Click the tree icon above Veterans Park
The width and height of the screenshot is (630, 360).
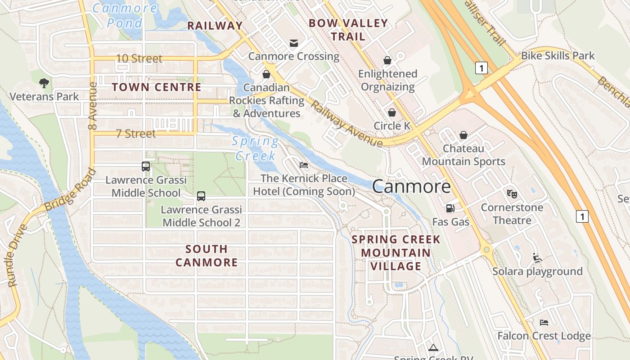point(44,83)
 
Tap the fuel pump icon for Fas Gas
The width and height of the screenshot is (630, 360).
point(450,208)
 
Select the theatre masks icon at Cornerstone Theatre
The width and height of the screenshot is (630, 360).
point(512,194)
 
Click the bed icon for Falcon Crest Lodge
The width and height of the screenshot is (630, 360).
point(544,322)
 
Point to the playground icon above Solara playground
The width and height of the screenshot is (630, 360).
point(537,258)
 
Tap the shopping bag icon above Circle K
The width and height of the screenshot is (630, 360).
point(392,112)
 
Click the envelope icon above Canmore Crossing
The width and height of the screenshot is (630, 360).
point(293,43)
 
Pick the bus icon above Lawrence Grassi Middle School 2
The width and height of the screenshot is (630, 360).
point(201,196)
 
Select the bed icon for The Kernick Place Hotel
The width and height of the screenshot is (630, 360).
point(304,165)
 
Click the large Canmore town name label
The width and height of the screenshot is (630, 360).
point(411,186)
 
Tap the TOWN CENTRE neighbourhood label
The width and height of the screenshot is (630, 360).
point(156,87)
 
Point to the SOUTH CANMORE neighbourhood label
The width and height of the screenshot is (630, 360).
point(207,256)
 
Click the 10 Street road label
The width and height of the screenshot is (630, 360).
point(139,58)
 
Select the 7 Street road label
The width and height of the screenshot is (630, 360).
point(135,134)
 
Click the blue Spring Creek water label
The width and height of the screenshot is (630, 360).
point(256,148)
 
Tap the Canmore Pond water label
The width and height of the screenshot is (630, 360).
point(125,15)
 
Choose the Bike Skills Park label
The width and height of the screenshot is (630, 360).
point(558,56)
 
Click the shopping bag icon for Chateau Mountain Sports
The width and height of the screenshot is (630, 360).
point(463,135)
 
